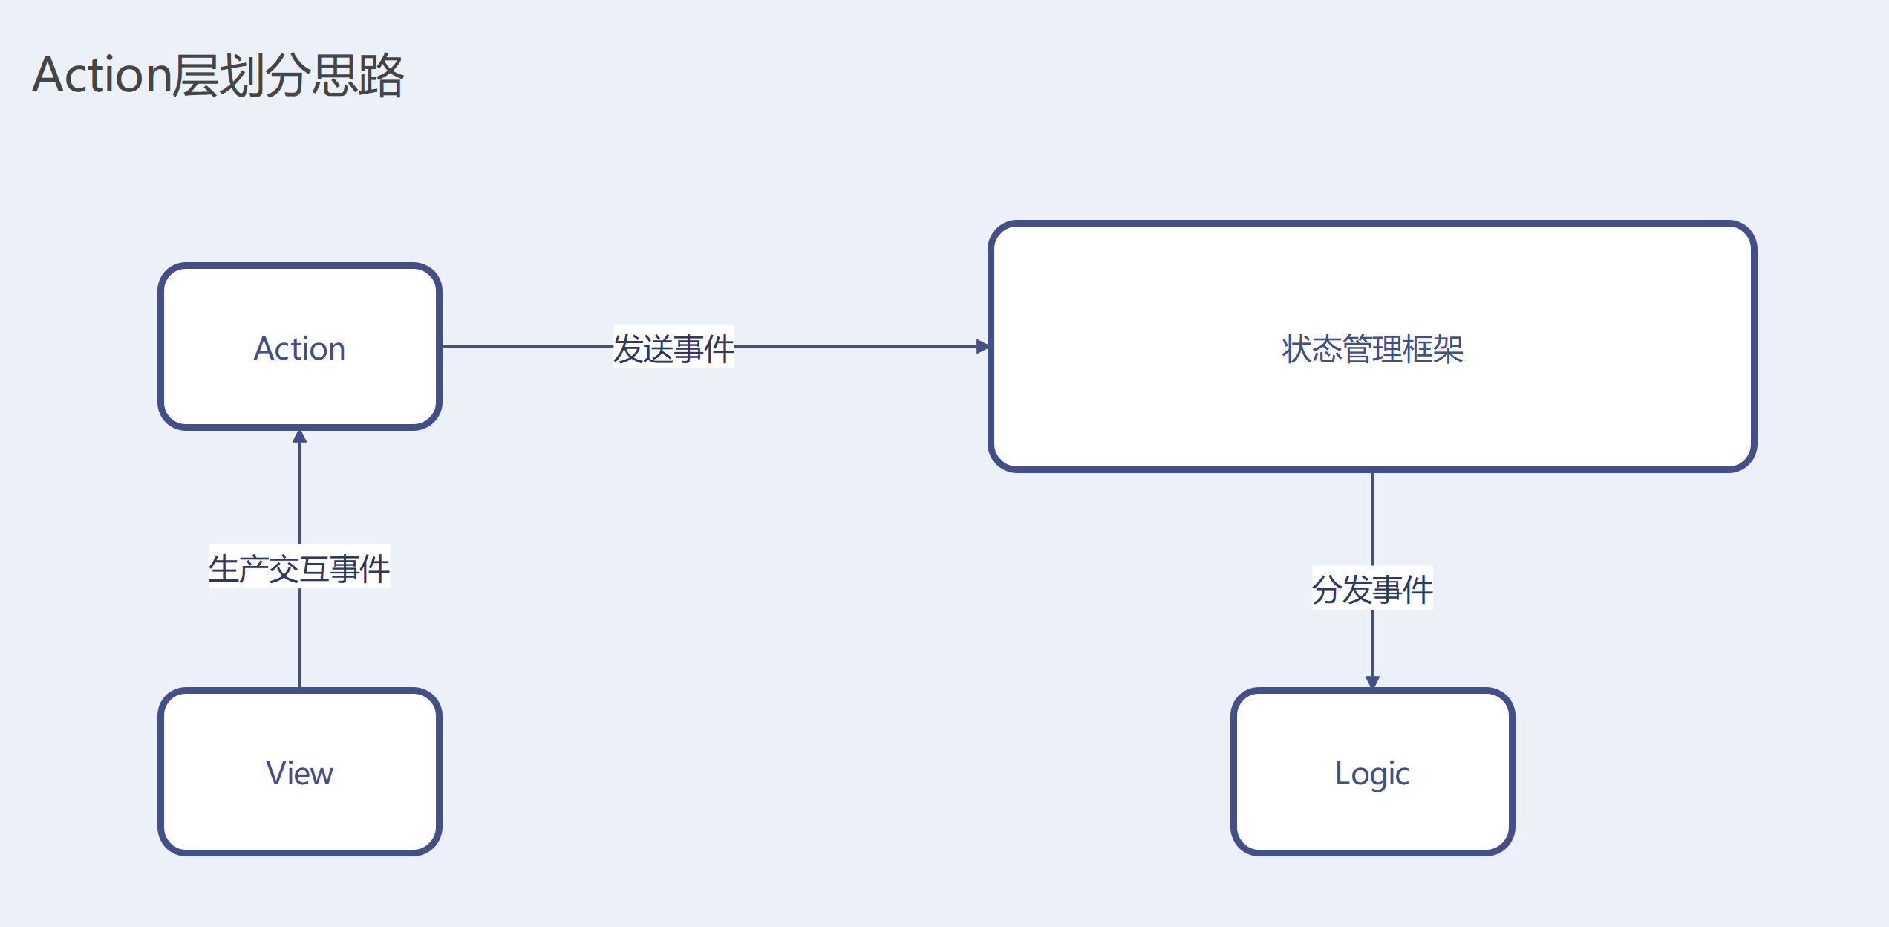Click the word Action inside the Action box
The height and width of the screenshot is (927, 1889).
coord(299,348)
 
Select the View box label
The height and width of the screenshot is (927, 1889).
coord(299,773)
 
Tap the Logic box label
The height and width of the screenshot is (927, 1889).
coord(1371,773)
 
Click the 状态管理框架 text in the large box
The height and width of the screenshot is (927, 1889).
coord(1371,348)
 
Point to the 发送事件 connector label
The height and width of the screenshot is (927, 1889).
coord(673,348)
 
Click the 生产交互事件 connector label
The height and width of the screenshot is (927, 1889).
coord(298,568)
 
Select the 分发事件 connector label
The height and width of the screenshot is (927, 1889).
coord(1371,589)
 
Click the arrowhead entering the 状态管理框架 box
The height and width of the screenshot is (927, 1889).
coord(982,346)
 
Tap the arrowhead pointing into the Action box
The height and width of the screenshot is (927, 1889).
coord(299,436)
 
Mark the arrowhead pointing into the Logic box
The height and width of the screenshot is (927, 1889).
coord(1372,681)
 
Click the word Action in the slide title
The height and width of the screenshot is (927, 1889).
coord(102,75)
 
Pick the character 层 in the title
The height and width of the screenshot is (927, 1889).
coord(195,75)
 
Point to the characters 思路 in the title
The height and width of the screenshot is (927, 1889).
coord(358,75)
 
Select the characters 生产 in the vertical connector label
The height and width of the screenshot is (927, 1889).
coord(238,568)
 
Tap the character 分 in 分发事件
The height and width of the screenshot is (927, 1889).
coord(1326,589)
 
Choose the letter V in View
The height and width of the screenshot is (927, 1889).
coord(275,773)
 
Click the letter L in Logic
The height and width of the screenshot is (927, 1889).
coord(1342,773)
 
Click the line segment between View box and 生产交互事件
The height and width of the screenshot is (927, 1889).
coord(299,639)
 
